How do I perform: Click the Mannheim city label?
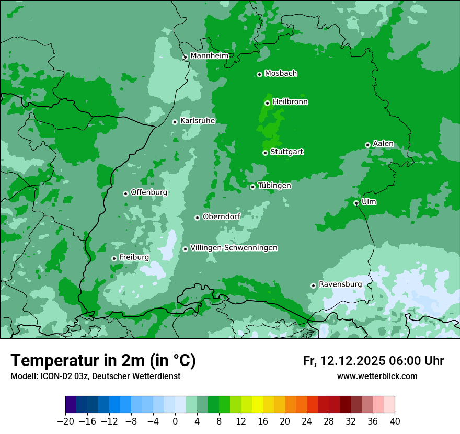click(x=209, y=55)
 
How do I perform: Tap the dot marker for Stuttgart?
click(x=266, y=153)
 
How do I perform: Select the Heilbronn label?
click(x=290, y=101)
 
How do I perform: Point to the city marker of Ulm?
click(x=356, y=203)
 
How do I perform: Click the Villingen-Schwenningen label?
click(x=234, y=247)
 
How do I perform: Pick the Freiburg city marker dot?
click(x=114, y=258)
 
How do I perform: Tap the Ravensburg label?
click(x=340, y=284)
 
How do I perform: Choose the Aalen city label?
click(x=383, y=143)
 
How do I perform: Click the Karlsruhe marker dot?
click(x=175, y=122)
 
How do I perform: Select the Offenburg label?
click(x=149, y=192)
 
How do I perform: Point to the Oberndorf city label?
click(x=221, y=216)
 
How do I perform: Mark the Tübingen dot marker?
click(x=253, y=187)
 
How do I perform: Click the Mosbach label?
click(x=281, y=73)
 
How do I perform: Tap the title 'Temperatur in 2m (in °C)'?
click(x=103, y=360)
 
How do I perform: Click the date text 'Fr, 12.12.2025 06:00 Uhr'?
click(x=373, y=361)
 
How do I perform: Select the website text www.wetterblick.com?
click(x=377, y=376)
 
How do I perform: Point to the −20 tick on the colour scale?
click(x=65, y=421)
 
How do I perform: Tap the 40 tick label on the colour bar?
click(x=395, y=421)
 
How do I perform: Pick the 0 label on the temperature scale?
click(x=175, y=421)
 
